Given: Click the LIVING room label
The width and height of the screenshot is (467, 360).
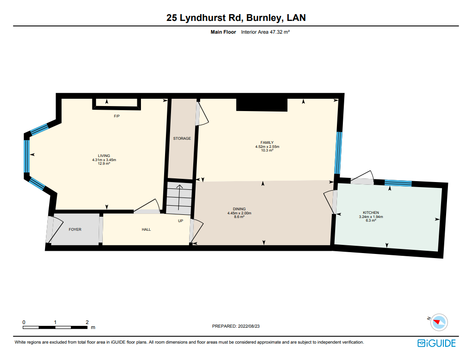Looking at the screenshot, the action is click(104, 156).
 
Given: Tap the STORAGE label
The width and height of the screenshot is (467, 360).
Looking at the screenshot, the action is click(182, 138).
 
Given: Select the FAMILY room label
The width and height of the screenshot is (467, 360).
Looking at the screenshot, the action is click(267, 142).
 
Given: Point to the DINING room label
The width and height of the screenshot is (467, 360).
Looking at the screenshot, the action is click(239, 209).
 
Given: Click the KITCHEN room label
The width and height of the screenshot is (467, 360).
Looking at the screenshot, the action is click(371, 213).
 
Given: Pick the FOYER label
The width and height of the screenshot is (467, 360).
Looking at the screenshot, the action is click(75, 229).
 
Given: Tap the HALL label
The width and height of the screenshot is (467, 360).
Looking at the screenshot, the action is click(146, 229).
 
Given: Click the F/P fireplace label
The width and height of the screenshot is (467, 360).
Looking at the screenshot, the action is click(117, 116).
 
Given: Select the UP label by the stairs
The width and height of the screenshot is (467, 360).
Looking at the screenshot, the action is click(181, 221).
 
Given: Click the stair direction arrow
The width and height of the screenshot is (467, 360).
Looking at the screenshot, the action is click(179, 197).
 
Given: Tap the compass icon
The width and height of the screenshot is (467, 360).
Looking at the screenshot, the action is click(439, 322).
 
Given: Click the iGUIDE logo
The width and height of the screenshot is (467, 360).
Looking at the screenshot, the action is click(437, 343).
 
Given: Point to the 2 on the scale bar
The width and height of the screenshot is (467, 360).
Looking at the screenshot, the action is click(87, 322).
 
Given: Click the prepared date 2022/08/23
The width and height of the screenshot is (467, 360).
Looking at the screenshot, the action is click(249, 326).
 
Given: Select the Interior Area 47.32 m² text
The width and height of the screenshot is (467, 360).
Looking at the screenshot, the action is click(266, 32).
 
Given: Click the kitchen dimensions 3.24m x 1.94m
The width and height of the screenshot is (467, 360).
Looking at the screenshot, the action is click(371, 217).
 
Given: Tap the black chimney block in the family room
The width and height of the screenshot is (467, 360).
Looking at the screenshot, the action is click(262, 105).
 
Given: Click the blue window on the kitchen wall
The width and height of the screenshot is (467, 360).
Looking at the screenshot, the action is click(398, 183).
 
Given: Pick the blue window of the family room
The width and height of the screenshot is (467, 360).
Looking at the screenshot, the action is click(338, 153).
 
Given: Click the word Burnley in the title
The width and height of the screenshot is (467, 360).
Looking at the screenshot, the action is click(264, 18).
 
